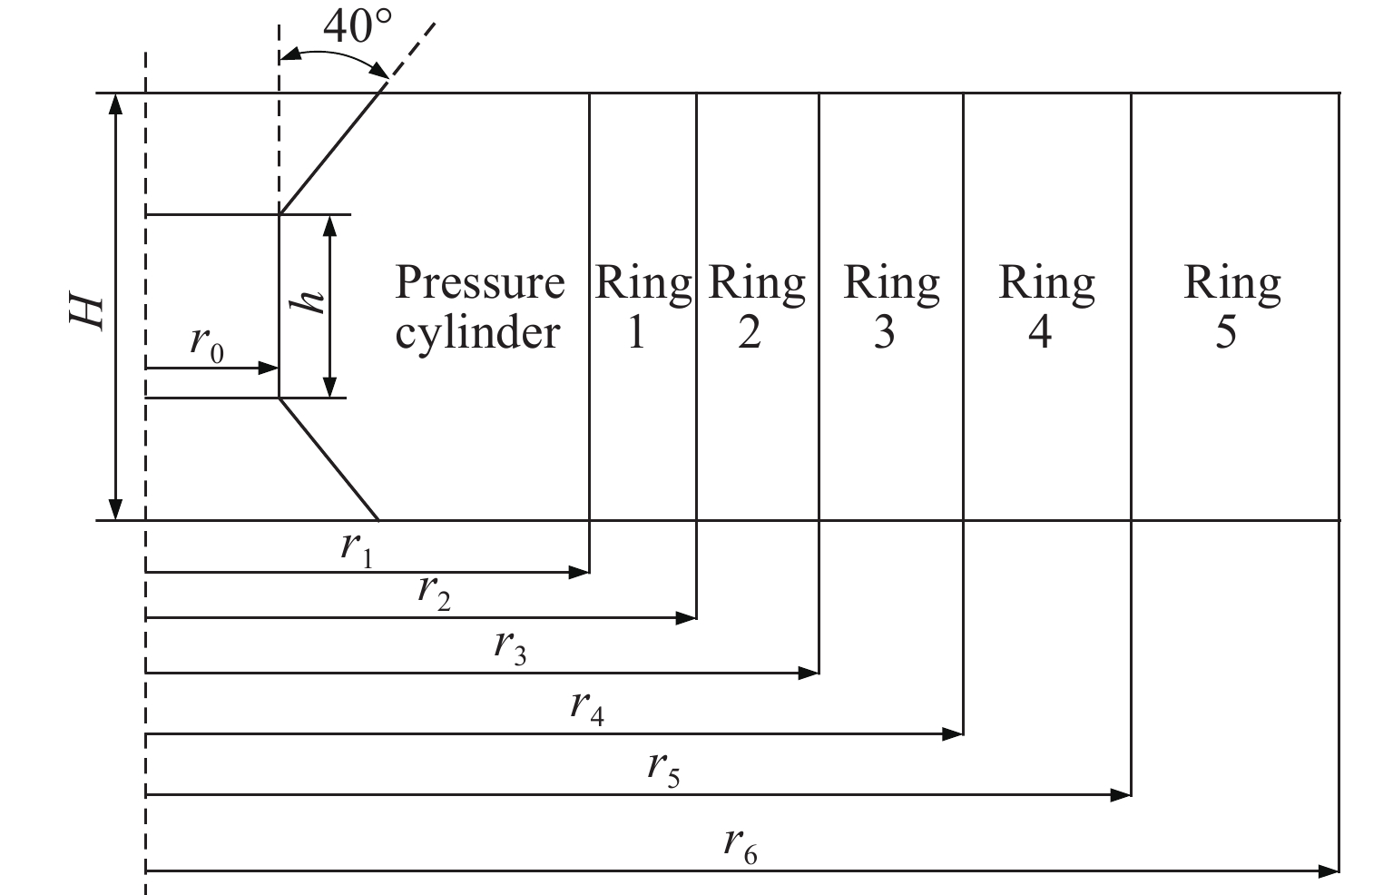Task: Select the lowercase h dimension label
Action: tap(311, 298)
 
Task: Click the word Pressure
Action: tap(479, 283)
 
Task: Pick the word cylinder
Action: tap(477, 332)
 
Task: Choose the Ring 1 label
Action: tap(642, 307)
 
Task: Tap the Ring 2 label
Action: tap(756, 307)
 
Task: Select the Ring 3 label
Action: tap(890, 307)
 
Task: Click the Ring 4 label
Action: tap(1046, 307)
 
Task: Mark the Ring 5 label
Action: tap(1231, 307)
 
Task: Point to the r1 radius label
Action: tap(357, 549)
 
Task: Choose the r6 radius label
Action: tap(740, 846)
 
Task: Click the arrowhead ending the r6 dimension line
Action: tap(1329, 871)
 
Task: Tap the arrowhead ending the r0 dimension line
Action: tap(269, 368)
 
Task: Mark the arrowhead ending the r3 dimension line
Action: tap(809, 673)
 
